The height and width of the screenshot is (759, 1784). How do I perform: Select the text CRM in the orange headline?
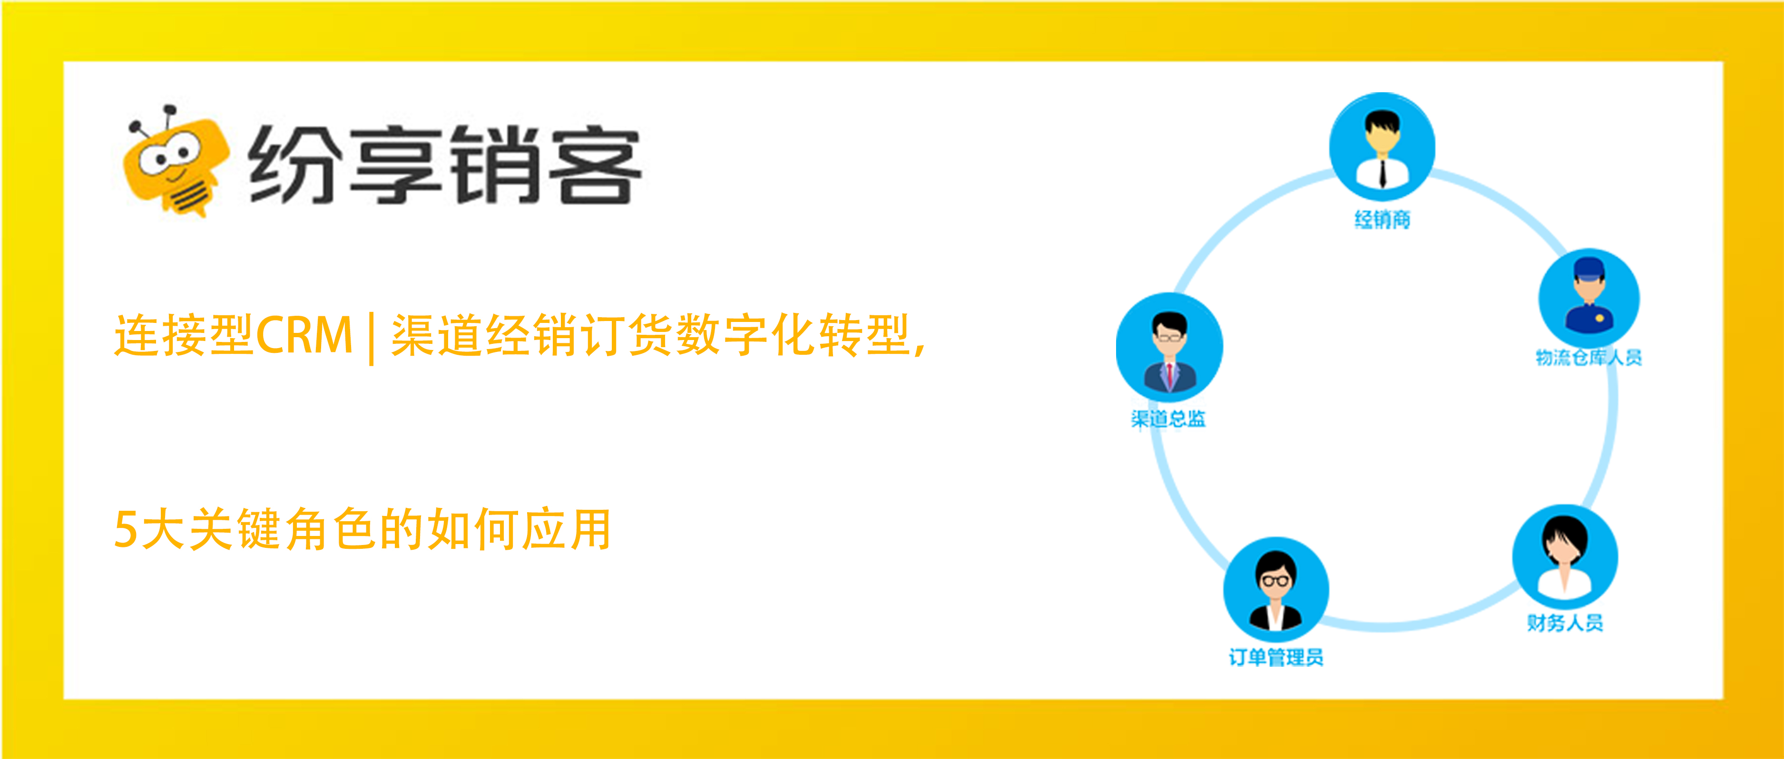pyautogui.click(x=305, y=335)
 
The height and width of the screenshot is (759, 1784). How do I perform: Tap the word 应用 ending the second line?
pyautogui.click(x=566, y=529)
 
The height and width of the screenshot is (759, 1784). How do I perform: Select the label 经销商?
pyautogui.click(x=1382, y=220)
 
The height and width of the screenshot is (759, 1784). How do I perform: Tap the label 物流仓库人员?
pyautogui.click(x=1588, y=357)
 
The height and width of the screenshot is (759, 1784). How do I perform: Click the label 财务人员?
pyautogui.click(x=1565, y=623)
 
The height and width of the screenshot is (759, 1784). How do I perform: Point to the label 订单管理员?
pyautogui.click(x=1275, y=657)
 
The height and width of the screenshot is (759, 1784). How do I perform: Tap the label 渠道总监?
pyautogui.click(x=1168, y=418)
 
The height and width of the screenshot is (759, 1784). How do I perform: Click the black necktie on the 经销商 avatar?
pyautogui.click(x=1382, y=173)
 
